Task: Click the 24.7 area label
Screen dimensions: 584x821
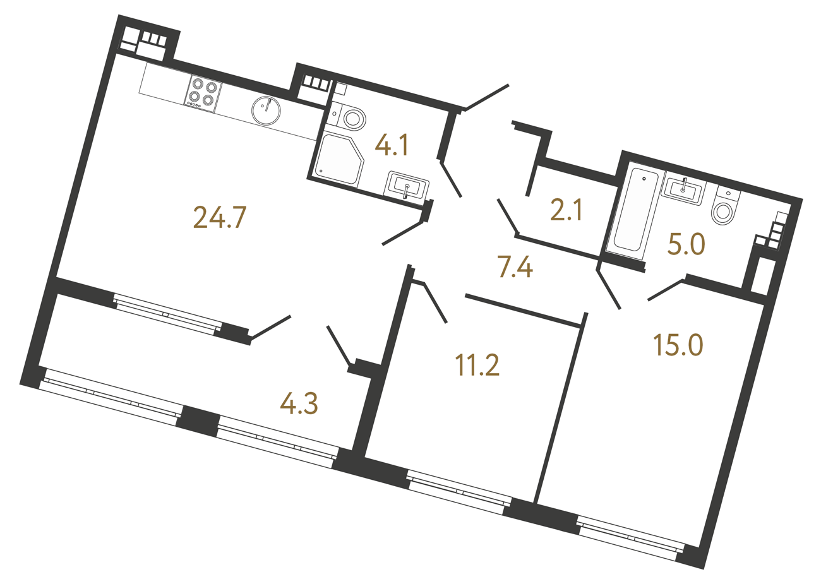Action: (x=219, y=218)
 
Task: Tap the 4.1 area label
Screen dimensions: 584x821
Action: (x=392, y=145)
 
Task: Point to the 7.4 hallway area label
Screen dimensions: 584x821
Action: (x=515, y=268)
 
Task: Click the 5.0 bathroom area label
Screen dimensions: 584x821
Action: (x=686, y=244)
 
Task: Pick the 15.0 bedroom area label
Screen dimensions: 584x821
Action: (x=678, y=345)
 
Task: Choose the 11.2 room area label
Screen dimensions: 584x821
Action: (x=477, y=365)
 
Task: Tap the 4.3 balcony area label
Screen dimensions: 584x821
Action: (x=299, y=403)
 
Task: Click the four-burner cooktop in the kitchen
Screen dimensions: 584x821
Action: (x=203, y=93)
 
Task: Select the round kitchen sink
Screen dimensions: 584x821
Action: (x=266, y=110)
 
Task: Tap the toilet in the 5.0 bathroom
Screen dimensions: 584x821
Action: (x=725, y=208)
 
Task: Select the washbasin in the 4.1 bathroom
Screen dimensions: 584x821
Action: (x=407, y=186)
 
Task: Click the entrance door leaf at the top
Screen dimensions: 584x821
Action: (x=487, y=97)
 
